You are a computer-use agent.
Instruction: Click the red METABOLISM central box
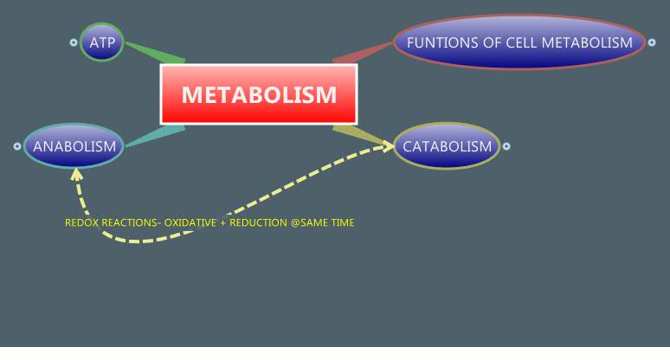259,93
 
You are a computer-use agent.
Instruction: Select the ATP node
101,42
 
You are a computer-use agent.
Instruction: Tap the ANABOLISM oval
74,146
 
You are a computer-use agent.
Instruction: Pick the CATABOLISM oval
447,146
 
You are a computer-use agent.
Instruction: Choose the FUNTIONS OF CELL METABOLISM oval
519,42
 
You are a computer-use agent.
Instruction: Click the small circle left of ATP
74,42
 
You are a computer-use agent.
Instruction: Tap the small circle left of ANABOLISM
17,146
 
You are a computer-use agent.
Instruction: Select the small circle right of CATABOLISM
506,146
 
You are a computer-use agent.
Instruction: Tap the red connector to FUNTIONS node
364,52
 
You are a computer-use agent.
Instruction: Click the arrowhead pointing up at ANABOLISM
77,173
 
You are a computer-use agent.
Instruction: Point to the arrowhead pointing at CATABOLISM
386,148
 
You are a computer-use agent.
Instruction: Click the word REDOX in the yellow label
81,222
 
